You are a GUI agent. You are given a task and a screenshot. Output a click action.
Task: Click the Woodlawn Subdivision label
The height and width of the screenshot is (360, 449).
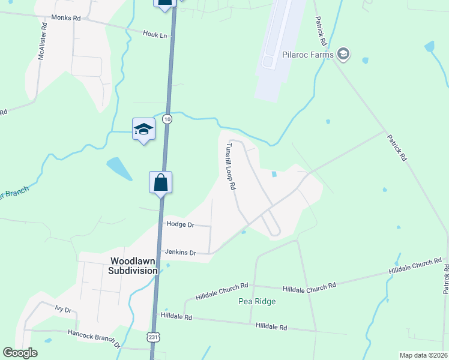point(133,266)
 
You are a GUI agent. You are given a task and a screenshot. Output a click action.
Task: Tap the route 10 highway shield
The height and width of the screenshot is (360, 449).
point(167,119)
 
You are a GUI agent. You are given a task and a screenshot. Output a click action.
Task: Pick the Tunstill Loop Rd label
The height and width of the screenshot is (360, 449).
point(229,166)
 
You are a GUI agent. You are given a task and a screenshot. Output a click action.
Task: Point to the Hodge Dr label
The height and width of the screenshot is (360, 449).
point(181,224)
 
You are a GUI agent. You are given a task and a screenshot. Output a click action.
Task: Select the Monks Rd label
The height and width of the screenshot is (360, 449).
point(66,19)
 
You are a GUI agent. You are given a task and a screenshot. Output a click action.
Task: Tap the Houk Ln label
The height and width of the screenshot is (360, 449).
point(154,34)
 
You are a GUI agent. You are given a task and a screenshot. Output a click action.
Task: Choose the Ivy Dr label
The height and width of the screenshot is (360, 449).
point(63,310)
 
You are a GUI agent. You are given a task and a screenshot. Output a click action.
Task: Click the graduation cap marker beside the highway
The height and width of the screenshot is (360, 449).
point(144,129)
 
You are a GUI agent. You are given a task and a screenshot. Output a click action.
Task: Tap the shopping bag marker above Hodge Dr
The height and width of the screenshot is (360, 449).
point(161,182)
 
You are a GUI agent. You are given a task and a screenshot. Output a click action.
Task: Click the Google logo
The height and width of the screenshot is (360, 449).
point(20,353)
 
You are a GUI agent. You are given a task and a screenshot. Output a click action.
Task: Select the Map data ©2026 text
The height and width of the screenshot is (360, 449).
point(423,355)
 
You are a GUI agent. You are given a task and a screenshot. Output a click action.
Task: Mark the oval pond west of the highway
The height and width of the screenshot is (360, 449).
point(119,169)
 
